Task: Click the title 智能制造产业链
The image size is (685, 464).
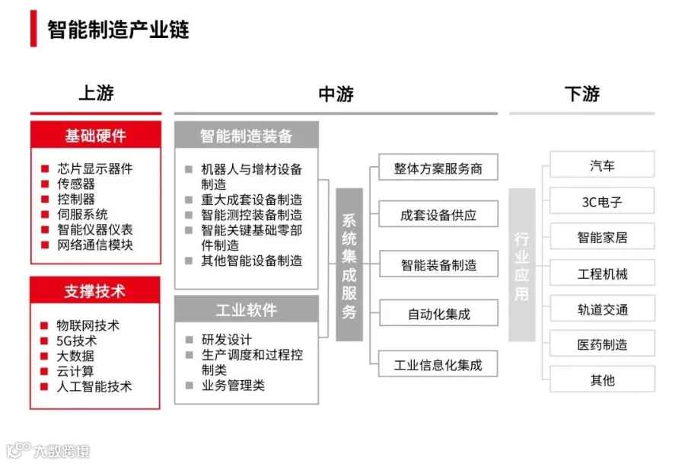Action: (118, 30)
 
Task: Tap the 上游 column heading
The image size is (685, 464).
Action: (96, 94)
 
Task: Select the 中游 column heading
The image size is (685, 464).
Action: (336, 94)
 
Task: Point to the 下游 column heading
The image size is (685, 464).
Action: (581, 94)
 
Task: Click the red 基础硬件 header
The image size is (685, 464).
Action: (95, 136)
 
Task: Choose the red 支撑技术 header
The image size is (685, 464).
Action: (95, 291)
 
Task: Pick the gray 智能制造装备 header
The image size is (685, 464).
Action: (246, 136)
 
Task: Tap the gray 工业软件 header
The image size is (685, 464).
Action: (246, 309)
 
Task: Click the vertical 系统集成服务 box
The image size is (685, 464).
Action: (349, 264)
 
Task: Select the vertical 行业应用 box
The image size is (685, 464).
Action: (521, 264)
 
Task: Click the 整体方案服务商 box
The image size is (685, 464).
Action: (438, 168)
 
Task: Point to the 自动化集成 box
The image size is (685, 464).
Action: (438, 313)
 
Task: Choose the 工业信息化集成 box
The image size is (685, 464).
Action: (438, 364)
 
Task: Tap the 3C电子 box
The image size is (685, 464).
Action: (601, 202)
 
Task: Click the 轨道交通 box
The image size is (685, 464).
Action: (601, 309)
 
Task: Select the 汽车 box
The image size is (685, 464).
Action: (601, 165)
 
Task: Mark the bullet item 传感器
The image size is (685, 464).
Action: (76, 184)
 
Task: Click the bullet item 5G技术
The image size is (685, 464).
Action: (77, 341)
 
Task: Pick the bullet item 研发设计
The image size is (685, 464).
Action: (226, 340)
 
